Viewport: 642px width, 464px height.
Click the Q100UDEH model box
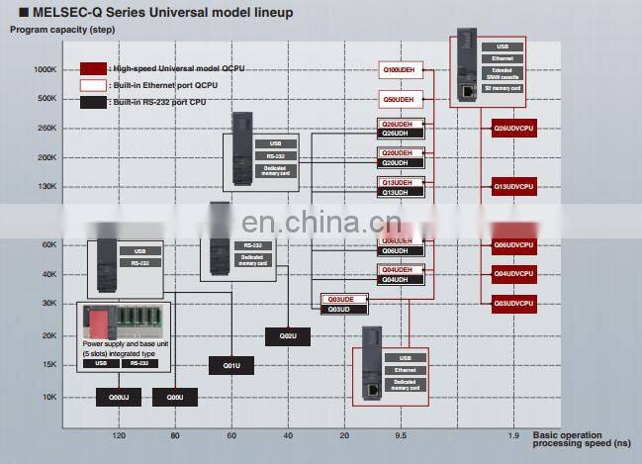point(402,70)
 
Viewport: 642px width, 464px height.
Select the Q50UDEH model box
point(402,100)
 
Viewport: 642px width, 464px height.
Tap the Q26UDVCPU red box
point(513,128)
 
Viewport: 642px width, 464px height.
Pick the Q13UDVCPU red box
point(513,185)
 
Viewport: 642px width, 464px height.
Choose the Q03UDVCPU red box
point(513,303)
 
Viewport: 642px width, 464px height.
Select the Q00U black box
point(174,398)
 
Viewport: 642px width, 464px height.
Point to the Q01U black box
point(230,366)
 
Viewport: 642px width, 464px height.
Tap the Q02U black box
point(287,336)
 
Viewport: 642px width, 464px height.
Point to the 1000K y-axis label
point(46,69)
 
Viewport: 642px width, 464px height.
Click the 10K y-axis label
point(49,398)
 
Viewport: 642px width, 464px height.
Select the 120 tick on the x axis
point(118,436)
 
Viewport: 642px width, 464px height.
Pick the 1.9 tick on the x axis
point(513,436)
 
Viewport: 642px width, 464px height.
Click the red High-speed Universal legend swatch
point(93,69)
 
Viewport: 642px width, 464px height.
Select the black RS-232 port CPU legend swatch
point(93,103)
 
